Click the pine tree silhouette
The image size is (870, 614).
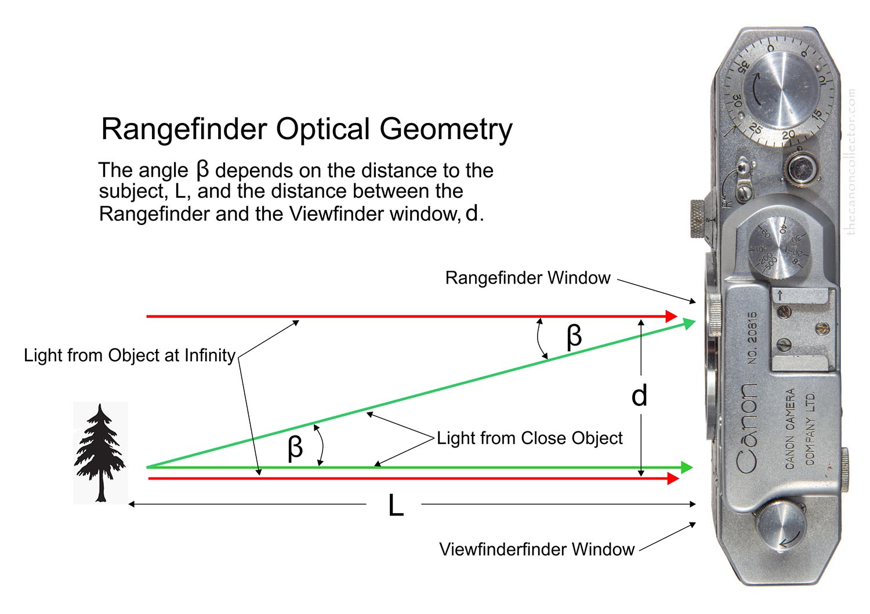[100, 452]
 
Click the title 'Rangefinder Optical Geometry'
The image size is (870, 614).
[306, 129]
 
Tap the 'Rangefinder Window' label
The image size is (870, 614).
[527, 278]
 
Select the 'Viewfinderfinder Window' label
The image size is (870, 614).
[536, 549]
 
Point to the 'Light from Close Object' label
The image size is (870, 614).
[530, 438]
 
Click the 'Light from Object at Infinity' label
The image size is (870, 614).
[129, 355]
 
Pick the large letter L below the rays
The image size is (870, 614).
[396, 506]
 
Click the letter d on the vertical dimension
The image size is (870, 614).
[639, 396]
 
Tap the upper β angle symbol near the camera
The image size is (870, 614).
[573, 336]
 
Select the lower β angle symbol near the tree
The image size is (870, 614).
[295, 448]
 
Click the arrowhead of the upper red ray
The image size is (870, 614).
[672, 317]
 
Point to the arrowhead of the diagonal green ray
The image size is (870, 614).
[689, 322]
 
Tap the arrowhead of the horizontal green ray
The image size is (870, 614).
[687, 467]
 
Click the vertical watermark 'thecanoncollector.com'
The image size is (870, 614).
[851, 162]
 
